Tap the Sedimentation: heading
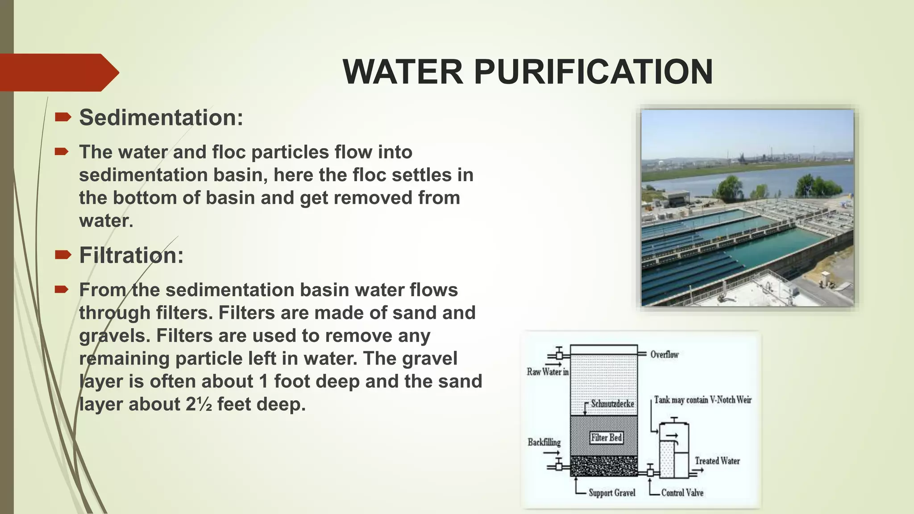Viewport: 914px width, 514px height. coord(161,118)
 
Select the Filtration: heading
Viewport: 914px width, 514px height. coord(131,256)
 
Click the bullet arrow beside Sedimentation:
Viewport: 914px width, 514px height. coord(62,117)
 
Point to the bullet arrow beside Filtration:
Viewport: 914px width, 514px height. coord(62,255)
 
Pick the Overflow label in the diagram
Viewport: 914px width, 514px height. coord(664,355)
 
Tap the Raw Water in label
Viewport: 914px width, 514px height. coord(548,372)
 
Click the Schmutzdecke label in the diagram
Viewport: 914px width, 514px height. coord(612,404)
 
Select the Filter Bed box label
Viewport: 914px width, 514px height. coord(606,438)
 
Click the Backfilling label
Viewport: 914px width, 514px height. coord(544,442)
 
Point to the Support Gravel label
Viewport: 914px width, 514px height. coord(612,493)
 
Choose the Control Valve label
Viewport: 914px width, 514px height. coord(682,493)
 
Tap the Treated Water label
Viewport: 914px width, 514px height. coord(717,461)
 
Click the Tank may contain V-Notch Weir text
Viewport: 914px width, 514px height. coord(702,400)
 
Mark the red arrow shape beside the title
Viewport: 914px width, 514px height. coord(58,72)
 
